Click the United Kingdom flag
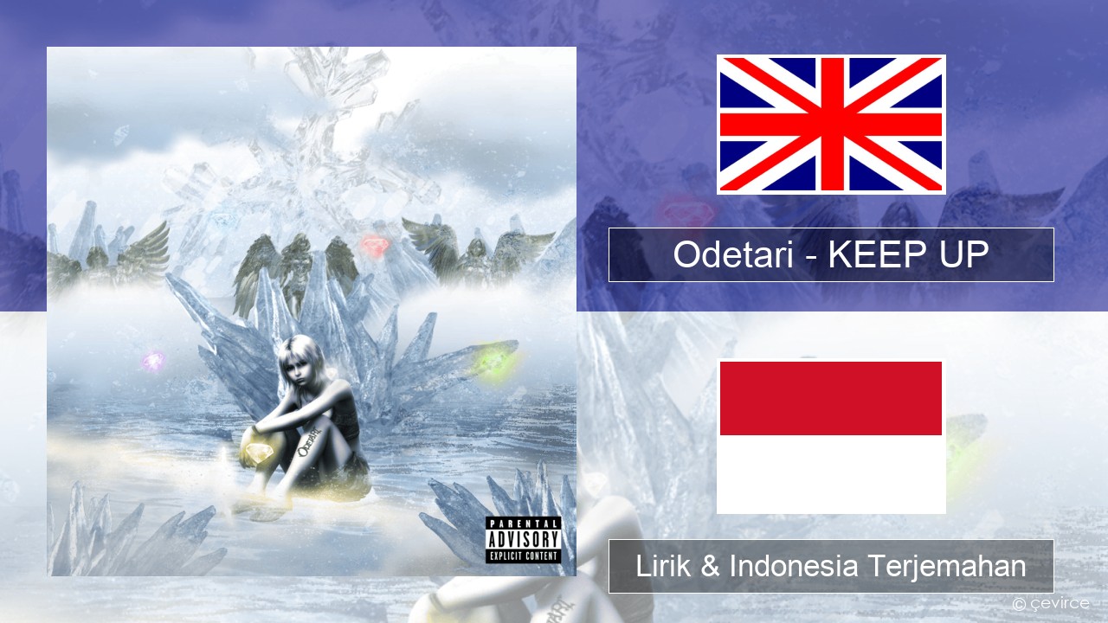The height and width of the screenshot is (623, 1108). coord(831,124)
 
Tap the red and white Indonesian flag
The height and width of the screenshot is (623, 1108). coord(831,436)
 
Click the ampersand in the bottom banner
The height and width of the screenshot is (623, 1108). coord(711,566)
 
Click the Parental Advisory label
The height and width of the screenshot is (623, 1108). coord(524,540)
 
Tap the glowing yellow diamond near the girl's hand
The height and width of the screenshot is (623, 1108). coord(257,452)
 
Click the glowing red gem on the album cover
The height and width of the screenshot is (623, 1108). coord(374,245)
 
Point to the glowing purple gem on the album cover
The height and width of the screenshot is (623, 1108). coord(154,361)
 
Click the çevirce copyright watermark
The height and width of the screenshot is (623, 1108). coord(1051,603)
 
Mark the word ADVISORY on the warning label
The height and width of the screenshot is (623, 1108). coord(524,539)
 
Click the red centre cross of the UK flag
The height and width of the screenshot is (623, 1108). coord(831,124)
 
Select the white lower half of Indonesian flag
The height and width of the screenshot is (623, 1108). coord(831,473)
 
